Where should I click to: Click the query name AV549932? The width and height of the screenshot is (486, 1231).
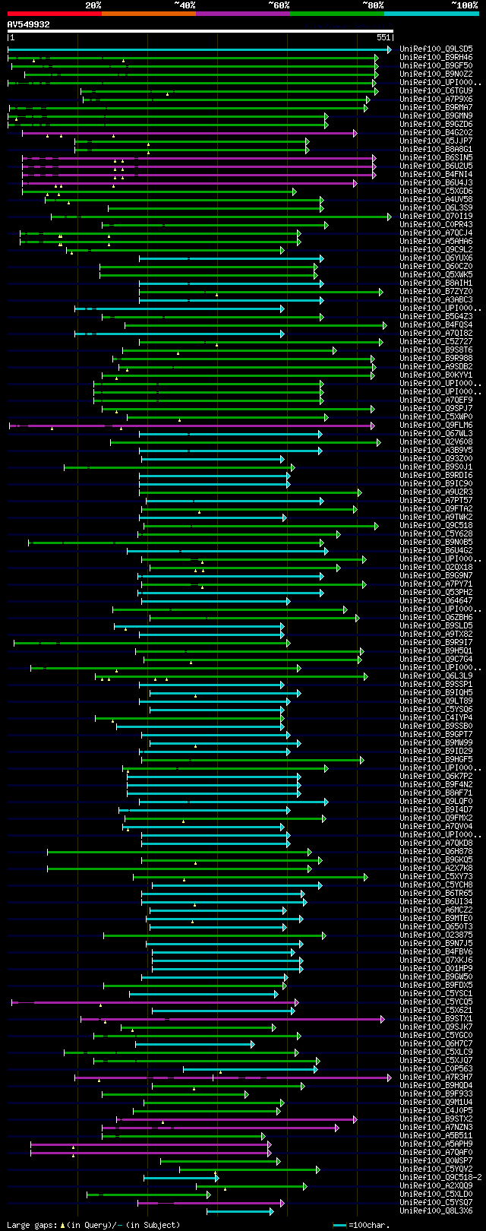29,24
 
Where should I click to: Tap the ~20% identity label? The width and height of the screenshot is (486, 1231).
93,5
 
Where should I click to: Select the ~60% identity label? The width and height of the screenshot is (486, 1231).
279,5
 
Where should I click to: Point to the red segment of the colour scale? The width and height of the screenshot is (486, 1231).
54,14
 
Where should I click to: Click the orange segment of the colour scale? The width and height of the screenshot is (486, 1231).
148,14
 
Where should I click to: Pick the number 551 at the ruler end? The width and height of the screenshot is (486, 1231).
383,37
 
